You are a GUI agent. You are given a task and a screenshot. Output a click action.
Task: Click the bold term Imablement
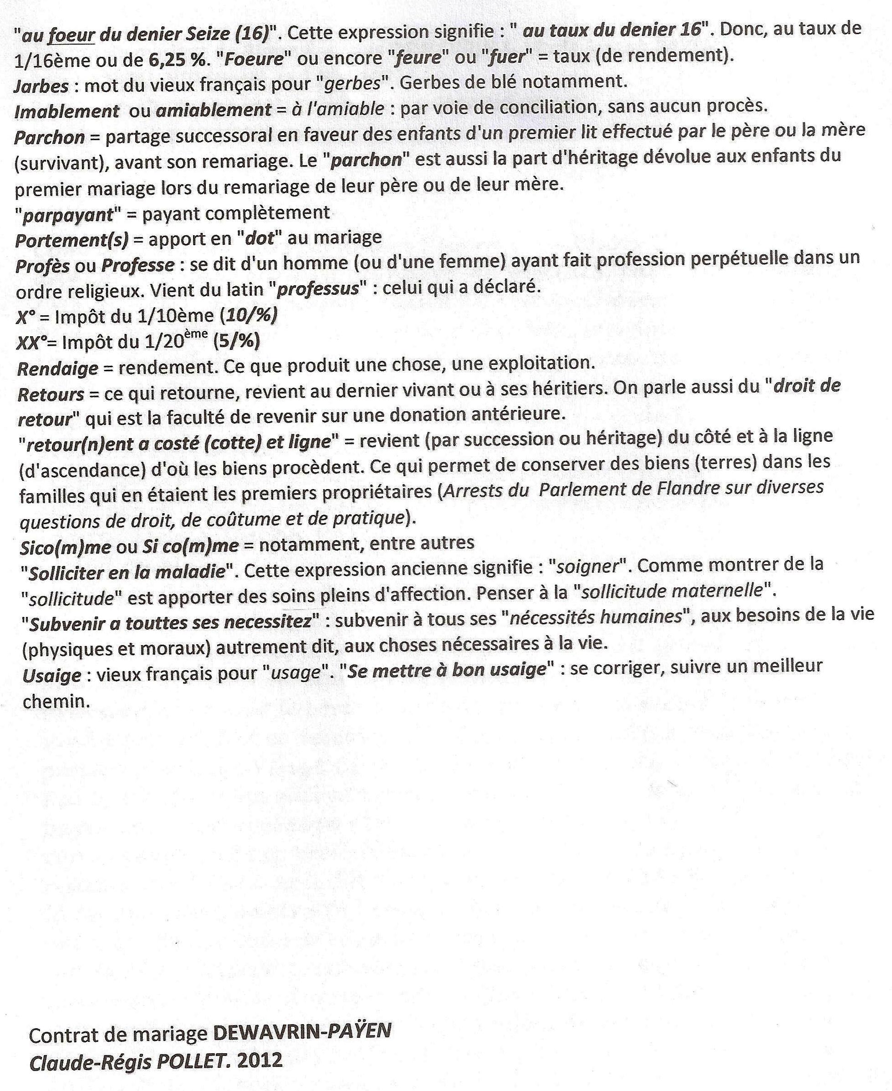pos(67,111)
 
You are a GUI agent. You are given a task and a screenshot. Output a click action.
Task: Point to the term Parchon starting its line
pos(49,137)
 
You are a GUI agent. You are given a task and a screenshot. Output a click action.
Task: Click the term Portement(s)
pos(71,240)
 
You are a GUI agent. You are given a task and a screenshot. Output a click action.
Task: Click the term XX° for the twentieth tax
pos(29,343)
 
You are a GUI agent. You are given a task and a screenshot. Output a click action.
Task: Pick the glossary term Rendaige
pos(57,369)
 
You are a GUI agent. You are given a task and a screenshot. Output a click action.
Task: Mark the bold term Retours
pos(51,394)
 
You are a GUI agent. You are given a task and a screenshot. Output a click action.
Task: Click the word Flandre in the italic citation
pos(688,488)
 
